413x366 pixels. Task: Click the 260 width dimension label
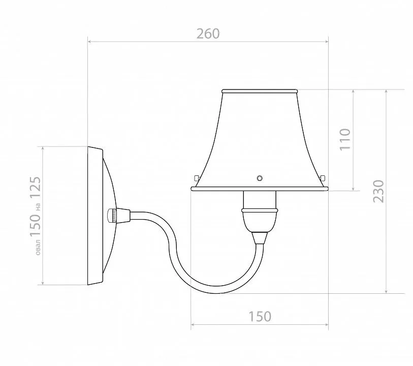[x=208, y=34]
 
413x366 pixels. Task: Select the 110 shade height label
[x=345, y=139]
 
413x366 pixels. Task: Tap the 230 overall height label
[x=379, y=191]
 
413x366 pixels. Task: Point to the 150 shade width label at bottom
[x=260, y=317]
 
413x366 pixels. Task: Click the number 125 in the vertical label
[x=35, y=188]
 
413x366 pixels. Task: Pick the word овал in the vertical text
[x=38, y=247]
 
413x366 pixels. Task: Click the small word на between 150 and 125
[x=38, y=207]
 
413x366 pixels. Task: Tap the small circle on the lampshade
[x=260, y=178]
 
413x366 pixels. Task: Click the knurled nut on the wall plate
[x=112, y=216]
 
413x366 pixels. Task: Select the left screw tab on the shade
[x=196, y=178]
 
